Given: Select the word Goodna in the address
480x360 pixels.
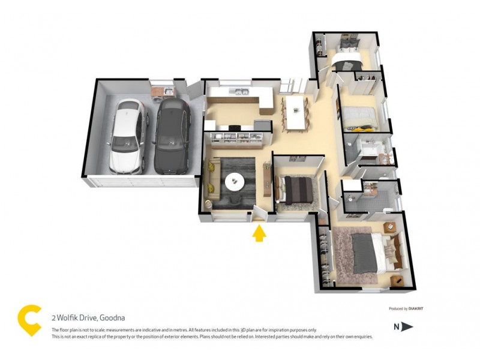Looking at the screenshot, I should (112, 318).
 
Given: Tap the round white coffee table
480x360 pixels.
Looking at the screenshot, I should (235, 180).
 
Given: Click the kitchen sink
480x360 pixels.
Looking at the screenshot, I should (242, 92).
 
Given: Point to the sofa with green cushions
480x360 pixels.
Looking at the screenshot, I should (212, 181).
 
